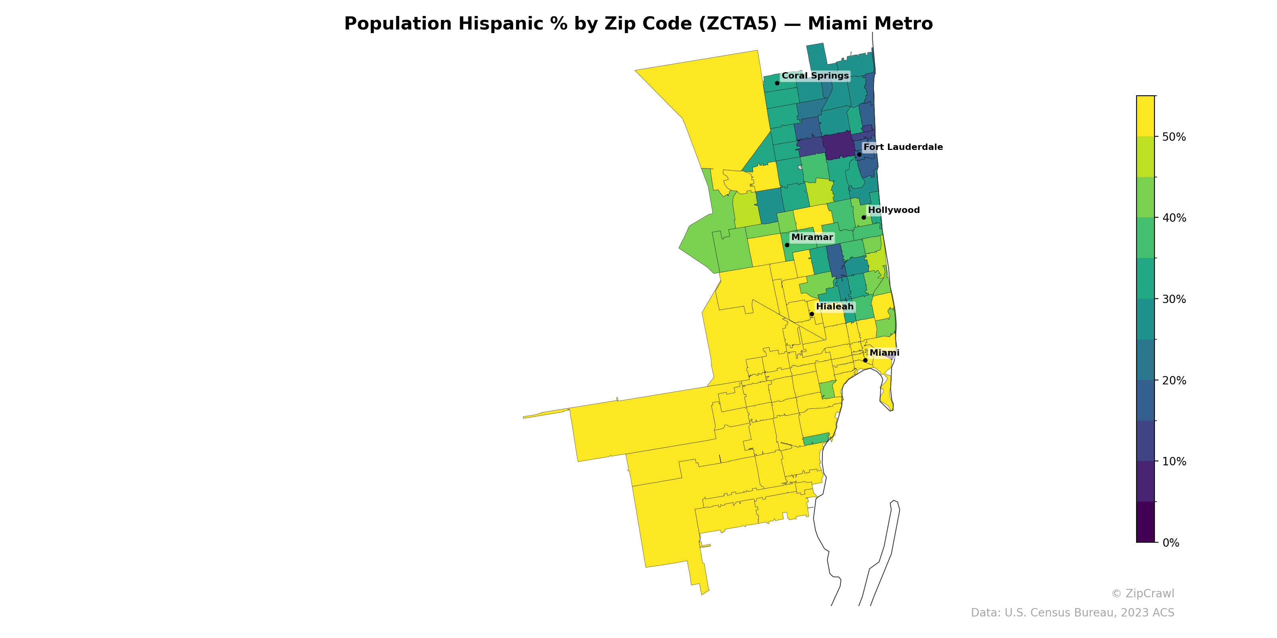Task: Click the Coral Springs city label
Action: coord(815,76)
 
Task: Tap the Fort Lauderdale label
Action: coord(903,147)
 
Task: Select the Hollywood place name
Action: coord(894,210)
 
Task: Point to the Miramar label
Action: coord(812,237)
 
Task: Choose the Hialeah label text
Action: coord(835,307)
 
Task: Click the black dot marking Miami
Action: coord(865,360)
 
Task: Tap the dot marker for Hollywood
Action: coord(864,217)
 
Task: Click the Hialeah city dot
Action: coord(812,314)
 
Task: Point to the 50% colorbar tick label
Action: coord(1174,137)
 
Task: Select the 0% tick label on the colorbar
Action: coord(1170,543)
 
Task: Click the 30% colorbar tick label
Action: coord(1174,299)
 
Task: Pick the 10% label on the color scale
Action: coord(1174,462)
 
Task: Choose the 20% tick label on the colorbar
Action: coord(1174,380)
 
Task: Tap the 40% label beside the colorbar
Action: coord(1174,218)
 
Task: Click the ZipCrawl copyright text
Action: coord(1142,593)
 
